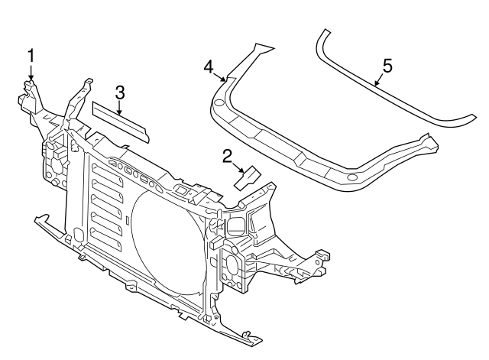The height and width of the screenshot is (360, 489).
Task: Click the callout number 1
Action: click(31, 55)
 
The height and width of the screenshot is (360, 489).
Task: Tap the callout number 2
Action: click(227, 157)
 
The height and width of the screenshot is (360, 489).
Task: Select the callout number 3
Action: click(120, 92)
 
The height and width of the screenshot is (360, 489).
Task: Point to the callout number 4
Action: click(209, 67)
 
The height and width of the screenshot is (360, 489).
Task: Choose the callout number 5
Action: click(387, 66)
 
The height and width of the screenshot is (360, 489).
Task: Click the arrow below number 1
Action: click(31, 73)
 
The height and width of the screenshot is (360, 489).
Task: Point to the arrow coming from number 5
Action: click(378, 80)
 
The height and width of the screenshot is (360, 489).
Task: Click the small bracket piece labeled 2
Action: click(248, 179)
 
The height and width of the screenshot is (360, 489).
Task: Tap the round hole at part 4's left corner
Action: click(219, 102)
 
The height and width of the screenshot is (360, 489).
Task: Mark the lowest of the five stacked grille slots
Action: click(108, 250)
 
